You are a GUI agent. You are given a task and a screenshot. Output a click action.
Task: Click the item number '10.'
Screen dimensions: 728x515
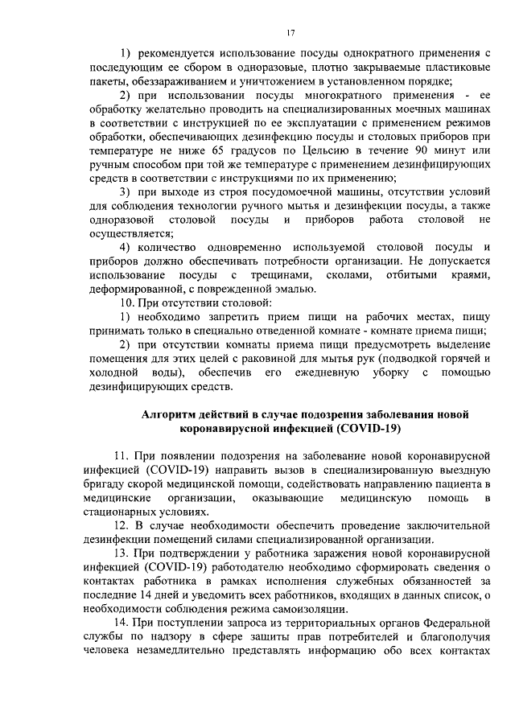click(x=127, y=302)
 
